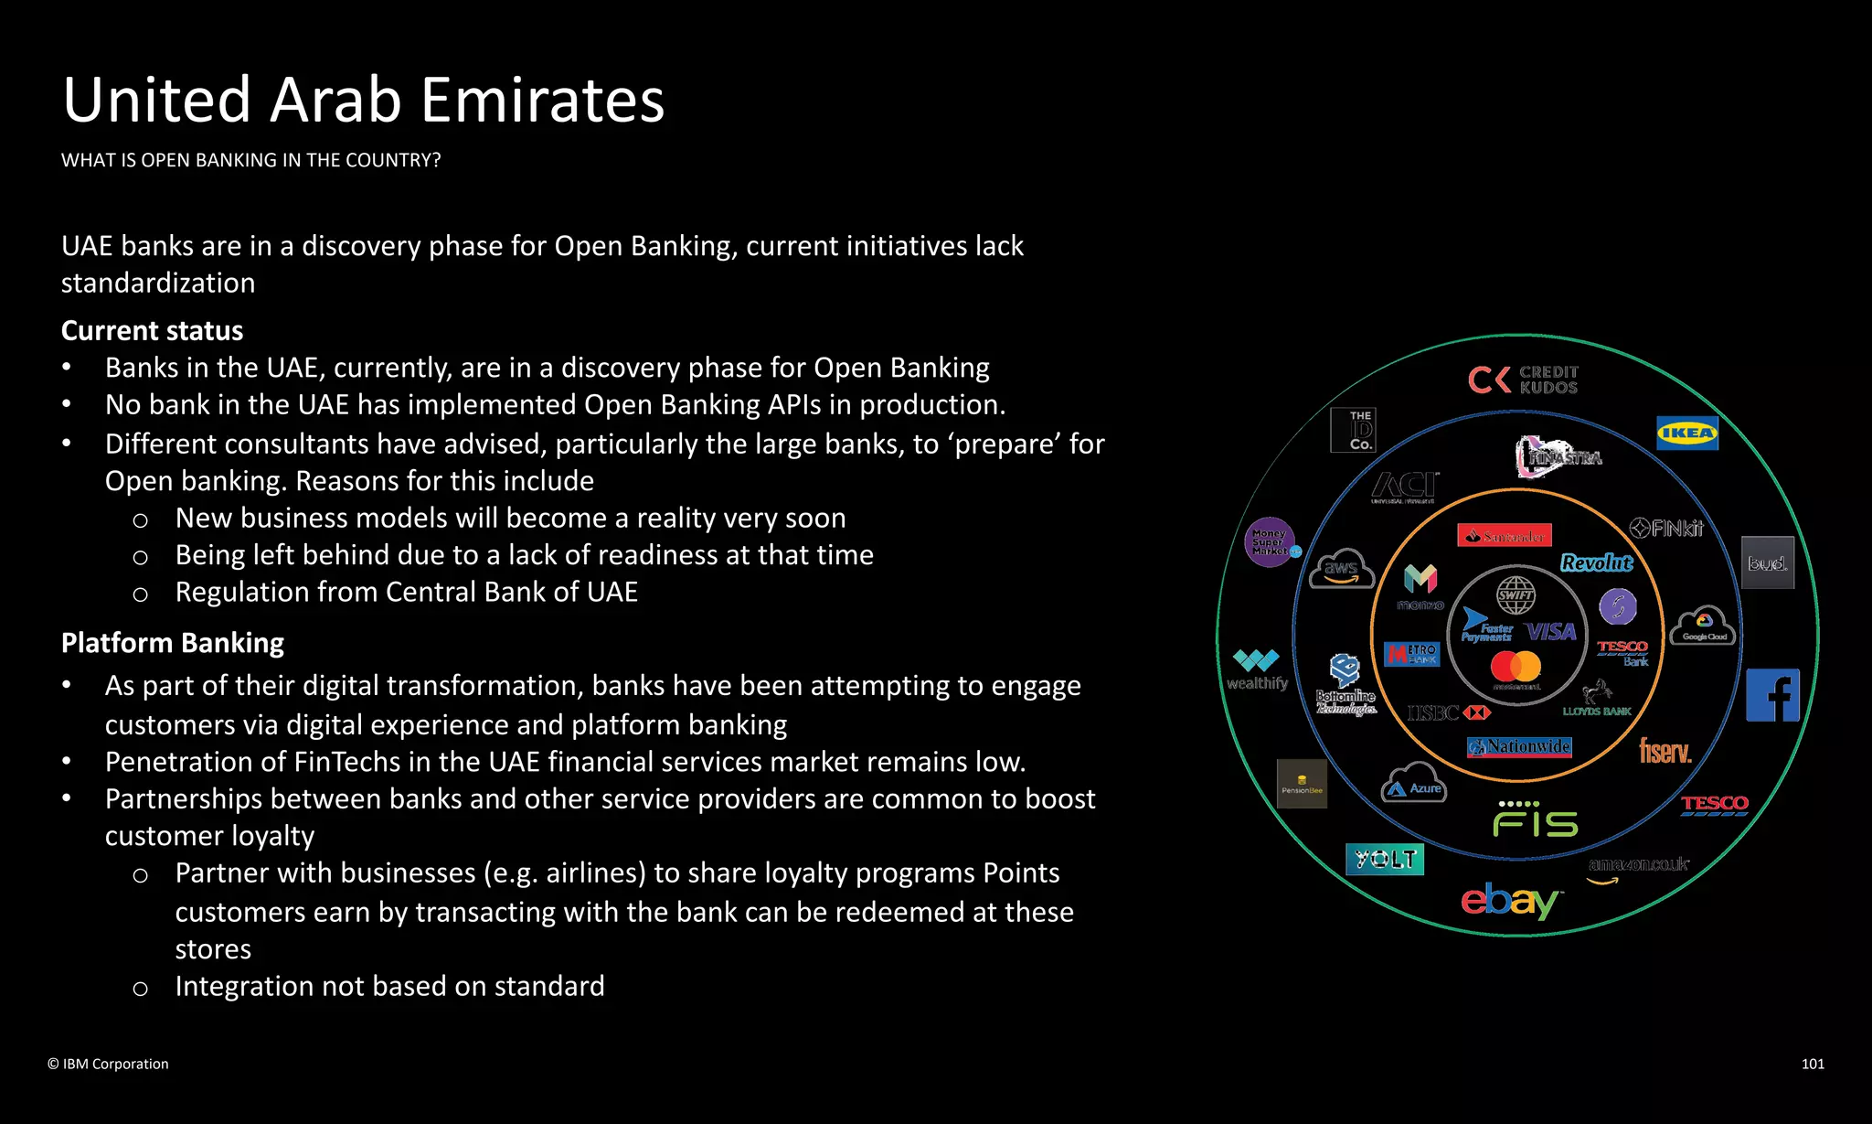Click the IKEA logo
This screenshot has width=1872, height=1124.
(x=1686, y=434)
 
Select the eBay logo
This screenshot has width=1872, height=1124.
(x=1509, y=901)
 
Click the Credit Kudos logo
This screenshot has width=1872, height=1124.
(x=1523, y=380)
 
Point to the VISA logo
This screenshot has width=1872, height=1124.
(x=1551, y=632)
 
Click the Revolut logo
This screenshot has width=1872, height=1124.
(x=1596, y=562)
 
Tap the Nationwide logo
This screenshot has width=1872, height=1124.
(x=1519, y=747)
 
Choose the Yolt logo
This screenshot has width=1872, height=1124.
(x=1385, y=859)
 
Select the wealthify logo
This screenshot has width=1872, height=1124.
(x=1257, y=669)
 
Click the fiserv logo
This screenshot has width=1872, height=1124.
(x=1665, y=752)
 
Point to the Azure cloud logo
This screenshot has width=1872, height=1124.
(x=1414, y=784)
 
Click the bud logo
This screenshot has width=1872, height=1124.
(x=1767, y=562)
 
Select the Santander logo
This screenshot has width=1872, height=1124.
(x=1504, y=536)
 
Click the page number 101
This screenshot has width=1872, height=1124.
(x=1813, y=1064)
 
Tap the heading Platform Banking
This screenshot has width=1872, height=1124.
(x=173, y=643)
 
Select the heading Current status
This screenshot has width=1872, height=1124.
(x=153, y=330)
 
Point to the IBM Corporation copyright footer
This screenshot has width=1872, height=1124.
(x=108, y=1064)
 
